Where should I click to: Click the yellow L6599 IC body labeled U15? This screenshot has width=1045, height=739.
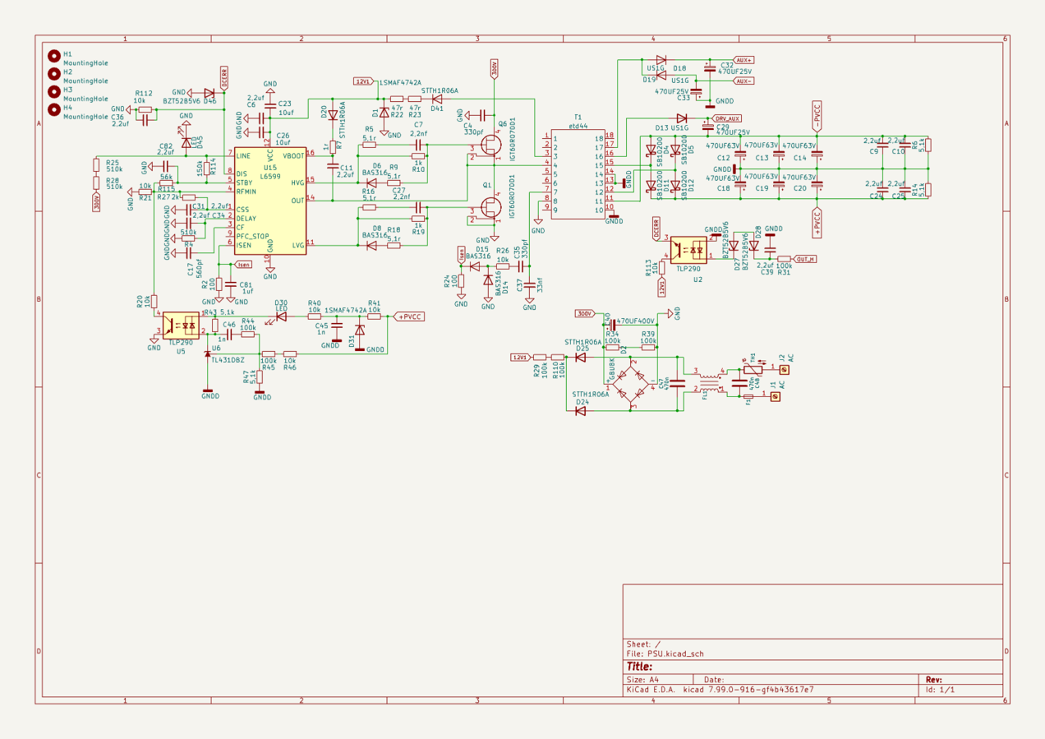click(x=270, y=201)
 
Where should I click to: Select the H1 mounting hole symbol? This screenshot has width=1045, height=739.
click(x=54, y=56)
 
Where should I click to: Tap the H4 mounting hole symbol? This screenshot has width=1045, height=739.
click(x=54, y=109)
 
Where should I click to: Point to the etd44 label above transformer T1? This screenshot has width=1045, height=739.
click(x=578, y=126)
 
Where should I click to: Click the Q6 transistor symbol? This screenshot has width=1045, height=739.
click(x=491, y=145)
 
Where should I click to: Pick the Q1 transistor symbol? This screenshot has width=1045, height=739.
click(x=491, y=207)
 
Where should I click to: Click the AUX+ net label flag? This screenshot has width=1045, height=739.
click(x=743, y=60)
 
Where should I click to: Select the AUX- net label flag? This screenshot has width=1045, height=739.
click(x=743, y=81)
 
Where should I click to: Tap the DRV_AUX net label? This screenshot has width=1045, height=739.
click(x=727, y=118)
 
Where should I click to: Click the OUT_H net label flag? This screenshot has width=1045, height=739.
click(x=805, y=259)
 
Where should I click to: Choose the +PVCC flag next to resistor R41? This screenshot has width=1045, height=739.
click(x=410, y=317)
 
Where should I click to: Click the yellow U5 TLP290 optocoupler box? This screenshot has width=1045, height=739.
click(x=181, y=326)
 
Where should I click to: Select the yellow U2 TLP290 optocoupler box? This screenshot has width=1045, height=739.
click(x=689, y=250)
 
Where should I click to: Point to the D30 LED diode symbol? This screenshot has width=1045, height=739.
click(x=281, y=316)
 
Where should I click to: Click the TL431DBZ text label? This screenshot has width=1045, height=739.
click(x=228, y=360)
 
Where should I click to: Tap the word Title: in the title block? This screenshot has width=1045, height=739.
click(x=640, y=666)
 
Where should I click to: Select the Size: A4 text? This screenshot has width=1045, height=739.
click(x=643, y=679)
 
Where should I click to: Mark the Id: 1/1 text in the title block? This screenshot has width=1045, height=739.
click(x=940, y=690)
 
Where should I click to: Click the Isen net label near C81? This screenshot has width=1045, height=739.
click(x=243, y=264)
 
